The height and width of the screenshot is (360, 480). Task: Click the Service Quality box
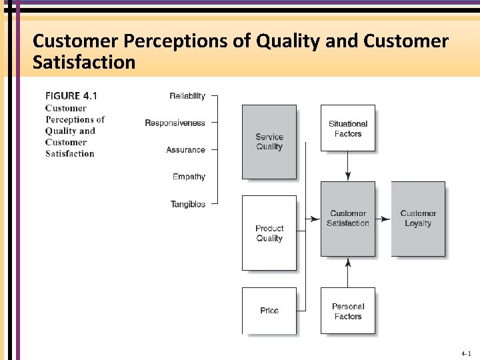point(269,141)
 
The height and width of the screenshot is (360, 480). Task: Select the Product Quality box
point(269,233)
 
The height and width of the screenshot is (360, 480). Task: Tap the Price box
point(269,311)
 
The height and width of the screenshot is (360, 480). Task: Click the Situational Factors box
point(347,129)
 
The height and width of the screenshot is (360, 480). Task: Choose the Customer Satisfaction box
point(347,219)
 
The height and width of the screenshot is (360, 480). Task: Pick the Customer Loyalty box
point(418,219)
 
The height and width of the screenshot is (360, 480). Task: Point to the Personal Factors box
point(347,311)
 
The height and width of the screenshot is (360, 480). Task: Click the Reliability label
point(187,96)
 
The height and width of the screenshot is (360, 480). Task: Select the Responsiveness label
point(175,123)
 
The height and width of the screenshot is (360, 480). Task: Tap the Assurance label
point(185,150)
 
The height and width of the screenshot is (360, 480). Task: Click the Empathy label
point(189,177)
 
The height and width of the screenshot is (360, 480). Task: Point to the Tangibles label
point(188,204)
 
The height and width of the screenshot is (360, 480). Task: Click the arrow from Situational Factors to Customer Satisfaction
point(347,167)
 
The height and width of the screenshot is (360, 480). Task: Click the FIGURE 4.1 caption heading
point(71,95)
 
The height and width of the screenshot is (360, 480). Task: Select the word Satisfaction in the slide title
point(84,63)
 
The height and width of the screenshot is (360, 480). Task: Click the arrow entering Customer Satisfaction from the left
point(312,219)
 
